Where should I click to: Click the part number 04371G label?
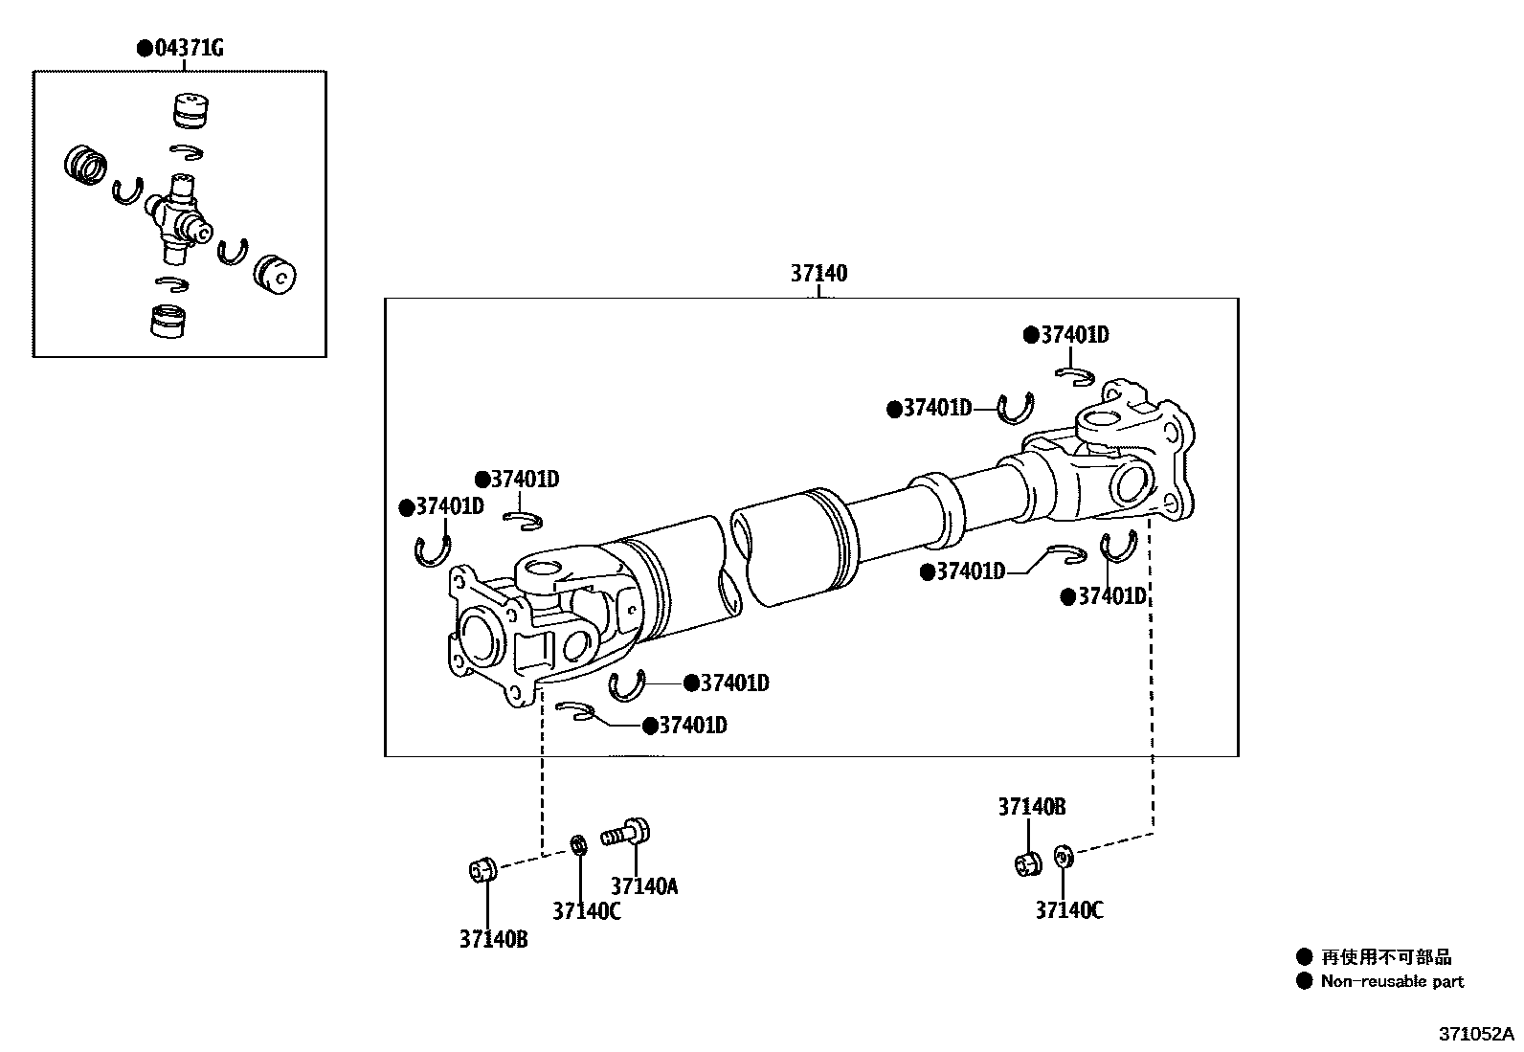click(187, 48)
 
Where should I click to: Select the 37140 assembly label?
click(818, 274)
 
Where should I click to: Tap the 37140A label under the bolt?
click(643, 886)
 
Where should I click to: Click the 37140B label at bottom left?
click(493, 939)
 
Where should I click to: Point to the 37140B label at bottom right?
click(1031, 807)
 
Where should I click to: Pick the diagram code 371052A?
click(1476, 1035)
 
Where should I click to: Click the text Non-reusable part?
click(1392, 981)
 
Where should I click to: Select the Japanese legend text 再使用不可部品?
click(1386, 956)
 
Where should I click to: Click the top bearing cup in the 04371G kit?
click(191, 110)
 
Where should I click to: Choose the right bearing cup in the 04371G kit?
click(276, 274)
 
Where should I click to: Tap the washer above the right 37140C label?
click(1062, 856)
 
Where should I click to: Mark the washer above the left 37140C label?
click(578, 846)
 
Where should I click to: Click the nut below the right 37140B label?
click(1027, 862)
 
